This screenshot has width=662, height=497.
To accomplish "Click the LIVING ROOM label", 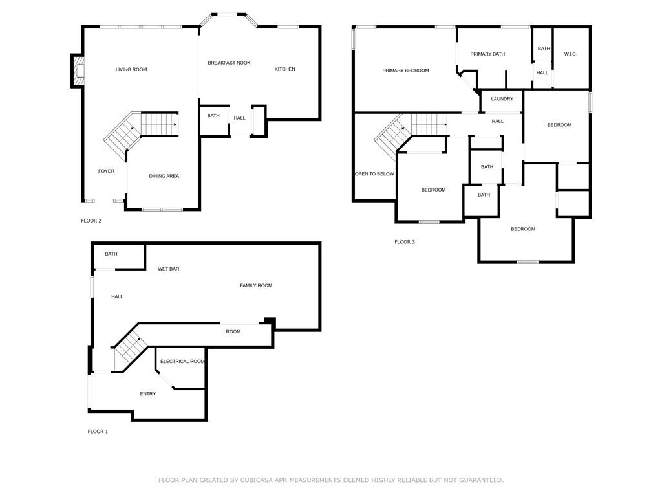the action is pyautogui.click(x=131, y=69).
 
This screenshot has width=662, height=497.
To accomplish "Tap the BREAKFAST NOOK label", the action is pyautogui.click(x=230, y=63).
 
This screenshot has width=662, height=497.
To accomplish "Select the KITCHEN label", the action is pyautogui.click(x=285, y=69).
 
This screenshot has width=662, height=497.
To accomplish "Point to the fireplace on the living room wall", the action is pyautogui.click(x=78, y=71).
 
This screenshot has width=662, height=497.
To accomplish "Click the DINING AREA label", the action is pyautogui.click(x=164, y=176).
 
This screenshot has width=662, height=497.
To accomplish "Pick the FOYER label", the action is pyautogui.click(x=107, y=171).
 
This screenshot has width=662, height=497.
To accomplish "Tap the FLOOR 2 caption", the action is pyautogui.click(x=91, y=221).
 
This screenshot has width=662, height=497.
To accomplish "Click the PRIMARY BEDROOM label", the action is pyautogui.click(x=406, y=71).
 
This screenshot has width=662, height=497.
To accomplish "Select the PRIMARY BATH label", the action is pyautogui.click(x=487, y=54).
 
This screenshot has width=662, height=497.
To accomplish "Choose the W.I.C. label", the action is pyautogui.click(x=570, y=54).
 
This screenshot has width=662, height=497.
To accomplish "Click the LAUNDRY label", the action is pyautogui.click(x=502, y=99).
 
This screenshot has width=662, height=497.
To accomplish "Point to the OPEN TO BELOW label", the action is pyautogui.click(x=374, y=173).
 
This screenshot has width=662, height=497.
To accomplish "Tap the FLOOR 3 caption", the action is pyautogui.click(x=405, y=242).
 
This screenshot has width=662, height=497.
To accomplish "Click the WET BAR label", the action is pyautogui.click(x=169, y=269).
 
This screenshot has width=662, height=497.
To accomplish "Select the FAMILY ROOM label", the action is pyautogui.click(x=256, y=285).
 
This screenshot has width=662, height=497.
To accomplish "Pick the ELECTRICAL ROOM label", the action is pyautogui.click(x=182, y=361).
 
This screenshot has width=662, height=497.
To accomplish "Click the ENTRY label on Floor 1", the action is pyautogui.click(x=148, y=394).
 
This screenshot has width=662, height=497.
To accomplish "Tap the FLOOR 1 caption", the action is pyautogui.click(x=98, y=432).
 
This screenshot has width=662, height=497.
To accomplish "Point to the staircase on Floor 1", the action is pyautogui.click(x=130, y=351).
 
